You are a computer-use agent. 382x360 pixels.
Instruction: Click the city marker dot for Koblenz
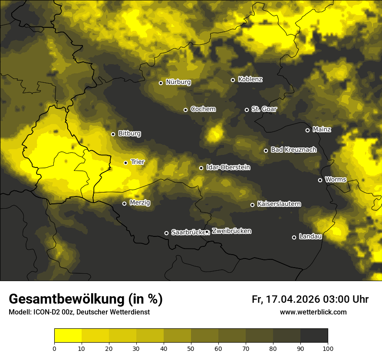pos(233,80)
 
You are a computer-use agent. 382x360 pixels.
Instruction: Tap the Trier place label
pos(138,162)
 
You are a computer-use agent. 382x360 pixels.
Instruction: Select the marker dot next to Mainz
pos(307,130)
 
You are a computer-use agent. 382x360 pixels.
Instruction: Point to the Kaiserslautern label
pos(279,204)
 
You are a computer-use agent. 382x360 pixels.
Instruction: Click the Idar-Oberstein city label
pos(228,167)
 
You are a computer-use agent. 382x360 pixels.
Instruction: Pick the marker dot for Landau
pos(294,237)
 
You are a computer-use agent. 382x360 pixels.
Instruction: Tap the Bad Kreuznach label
pos(293,150)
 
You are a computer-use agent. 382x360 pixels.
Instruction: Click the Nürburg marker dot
pos(161,83)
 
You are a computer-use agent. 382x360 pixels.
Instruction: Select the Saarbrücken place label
pos(188,232)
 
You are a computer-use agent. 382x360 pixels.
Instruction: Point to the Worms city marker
pos(320,180)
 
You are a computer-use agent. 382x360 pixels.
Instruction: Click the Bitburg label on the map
pos(129,134)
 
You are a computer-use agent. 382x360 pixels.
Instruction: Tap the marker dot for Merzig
pos(124,203)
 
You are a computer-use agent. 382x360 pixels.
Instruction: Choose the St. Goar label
pos(264,109)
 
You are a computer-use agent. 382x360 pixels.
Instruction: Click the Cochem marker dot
pos(185,110)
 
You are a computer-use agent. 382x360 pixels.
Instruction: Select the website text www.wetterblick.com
pos(313,312)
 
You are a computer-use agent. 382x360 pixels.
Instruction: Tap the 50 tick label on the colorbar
pos(191,348)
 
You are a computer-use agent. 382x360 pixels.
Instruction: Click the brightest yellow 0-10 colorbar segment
pos(68,336)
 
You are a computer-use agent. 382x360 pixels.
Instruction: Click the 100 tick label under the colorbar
pos(327,348)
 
